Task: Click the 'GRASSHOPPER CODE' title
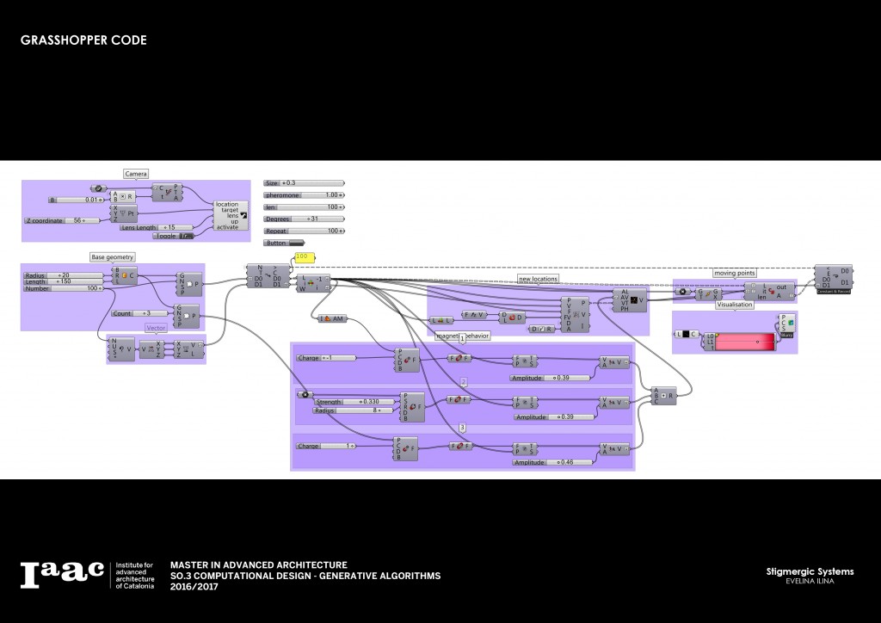pyautogui.click(x=83, y=40)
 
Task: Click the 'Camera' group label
pyautogui.click(x=136, y=174)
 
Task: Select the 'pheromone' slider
pyautogui.click(x=304, y=195)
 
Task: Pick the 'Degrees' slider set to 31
pyautogui.click(x=304, y=219)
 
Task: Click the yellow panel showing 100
pyautogui.click(x=305, y=256)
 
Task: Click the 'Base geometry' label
pyautogui.click(x=113, y=257)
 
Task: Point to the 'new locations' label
pyautogui.click(x=538, y=279)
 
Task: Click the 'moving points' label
pyautogui.click(x=735, y=273)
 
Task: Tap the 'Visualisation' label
pyautogui.click(x=734, y=304)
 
